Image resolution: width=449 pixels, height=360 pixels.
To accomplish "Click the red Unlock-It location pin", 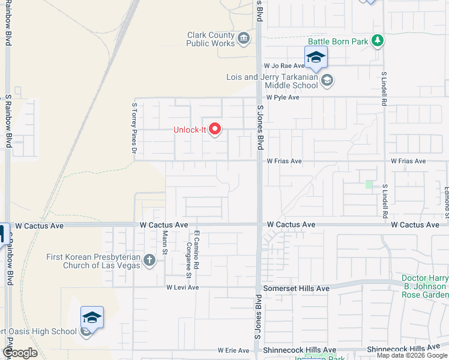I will [214, 130].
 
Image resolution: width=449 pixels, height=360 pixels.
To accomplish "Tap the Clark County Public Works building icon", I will [244, 40].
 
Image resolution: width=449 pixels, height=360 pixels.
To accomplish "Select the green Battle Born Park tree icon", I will [378, 41].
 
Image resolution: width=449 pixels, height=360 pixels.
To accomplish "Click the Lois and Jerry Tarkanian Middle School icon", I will [327, 80].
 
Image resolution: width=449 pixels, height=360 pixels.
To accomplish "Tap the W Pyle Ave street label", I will [283, 97].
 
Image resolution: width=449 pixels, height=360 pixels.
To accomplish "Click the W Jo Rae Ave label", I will [285, 66].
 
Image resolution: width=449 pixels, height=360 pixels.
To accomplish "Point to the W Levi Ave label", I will [182, 287].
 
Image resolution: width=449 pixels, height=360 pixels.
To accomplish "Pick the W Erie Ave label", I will [233, 350].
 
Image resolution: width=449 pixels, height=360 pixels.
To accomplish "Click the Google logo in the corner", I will [20, 352].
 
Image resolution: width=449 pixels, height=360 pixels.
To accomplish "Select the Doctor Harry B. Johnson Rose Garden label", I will [424, 287].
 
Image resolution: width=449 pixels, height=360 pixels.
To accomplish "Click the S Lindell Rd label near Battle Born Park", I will [384, 88].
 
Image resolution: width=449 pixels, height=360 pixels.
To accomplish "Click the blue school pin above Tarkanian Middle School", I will [316, 58].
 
